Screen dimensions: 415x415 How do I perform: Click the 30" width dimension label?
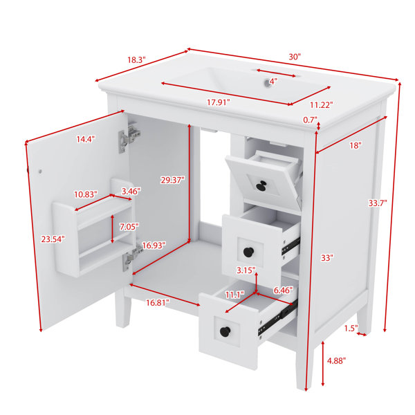(x=295, y=57)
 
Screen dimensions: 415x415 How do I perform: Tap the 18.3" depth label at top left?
(x=136, y=59)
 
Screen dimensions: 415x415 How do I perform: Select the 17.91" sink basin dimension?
(x=218, y=102)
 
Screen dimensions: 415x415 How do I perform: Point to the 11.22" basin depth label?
(x=322, y=105)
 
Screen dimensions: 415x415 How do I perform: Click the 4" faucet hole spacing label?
(x=273, y=81)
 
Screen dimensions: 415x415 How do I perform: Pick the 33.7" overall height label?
(x=378, y=203)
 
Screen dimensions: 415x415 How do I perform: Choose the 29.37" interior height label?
(x=172, y=181)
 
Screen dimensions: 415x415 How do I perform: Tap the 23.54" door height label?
(x=53, y=239)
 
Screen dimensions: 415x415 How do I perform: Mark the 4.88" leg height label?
(x=336, y=360)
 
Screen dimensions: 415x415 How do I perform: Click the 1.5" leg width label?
(x=351, y=328)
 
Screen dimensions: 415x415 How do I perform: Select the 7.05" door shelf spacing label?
(x=129, y=227)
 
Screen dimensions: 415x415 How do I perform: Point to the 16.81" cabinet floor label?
(x=158, y=302)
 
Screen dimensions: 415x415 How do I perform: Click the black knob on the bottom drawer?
(x=225, y=331)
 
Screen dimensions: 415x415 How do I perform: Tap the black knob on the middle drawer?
(x=248, y=252)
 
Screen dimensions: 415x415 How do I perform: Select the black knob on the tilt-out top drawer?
(x=261, y=185)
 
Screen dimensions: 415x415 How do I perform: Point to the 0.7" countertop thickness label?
(x=310, y=120)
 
